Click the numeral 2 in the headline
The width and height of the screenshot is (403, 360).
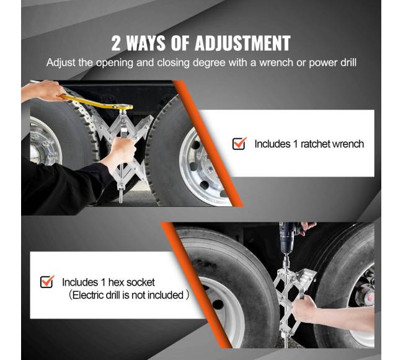click(116, 43)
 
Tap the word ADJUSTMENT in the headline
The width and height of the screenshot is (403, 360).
click(242, 43)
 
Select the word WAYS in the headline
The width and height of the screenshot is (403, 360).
click(146, 43)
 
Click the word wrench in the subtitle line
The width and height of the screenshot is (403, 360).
click(276, 63)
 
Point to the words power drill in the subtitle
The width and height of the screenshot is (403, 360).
click(332, 63)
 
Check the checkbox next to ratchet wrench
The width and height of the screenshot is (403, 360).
click(239, 143)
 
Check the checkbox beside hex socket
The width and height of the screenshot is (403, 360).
click(47, 282)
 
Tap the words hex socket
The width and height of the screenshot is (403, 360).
click(131, 282)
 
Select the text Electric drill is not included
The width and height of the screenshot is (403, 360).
click(128, 295)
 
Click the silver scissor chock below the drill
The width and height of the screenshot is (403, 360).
click(293, 303)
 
